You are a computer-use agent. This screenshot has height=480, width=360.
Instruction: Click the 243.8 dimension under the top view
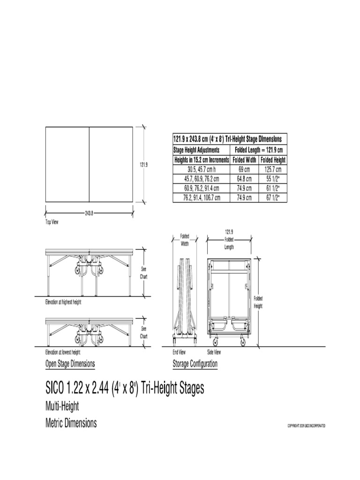pyautogui.click(x=89, y=213)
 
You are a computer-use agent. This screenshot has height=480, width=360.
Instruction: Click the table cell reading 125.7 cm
pyautogui.click(x=273, y=169)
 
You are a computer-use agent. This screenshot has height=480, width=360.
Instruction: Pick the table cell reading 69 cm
pyautogui.click(x=245, y=169)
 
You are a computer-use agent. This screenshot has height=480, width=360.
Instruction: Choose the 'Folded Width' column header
pyautogui.click(x=245, y=160)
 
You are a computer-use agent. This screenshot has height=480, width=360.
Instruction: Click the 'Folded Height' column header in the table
pyautogui.click(x=273, y=160)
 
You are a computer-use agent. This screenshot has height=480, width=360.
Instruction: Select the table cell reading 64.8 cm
pyautogui.click(x=245, y=179)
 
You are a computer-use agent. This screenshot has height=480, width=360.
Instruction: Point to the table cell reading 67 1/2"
pyautogui.click(x=273, y=198)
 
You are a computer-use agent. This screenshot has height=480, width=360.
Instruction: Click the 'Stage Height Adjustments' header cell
pyautogui.click(x=196, y=150)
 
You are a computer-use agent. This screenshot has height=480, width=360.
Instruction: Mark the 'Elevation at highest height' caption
pyautogui.click(x=63, y=303)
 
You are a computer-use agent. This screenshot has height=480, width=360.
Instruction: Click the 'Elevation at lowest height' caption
pyautogui.click(x=62, y=352)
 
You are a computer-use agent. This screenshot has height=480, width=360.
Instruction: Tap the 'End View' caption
pyautogui.click(x=179, y=352)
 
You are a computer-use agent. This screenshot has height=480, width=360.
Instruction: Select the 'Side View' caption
pyautogui.click(x=214, y=352)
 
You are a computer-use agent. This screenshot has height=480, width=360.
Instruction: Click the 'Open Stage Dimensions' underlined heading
pyautogui.click(x=70, y=364)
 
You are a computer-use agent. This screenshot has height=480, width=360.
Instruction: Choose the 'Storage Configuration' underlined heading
pyautogui.click(x=195, y=364)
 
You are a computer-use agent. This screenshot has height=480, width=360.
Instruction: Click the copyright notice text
pyautogui.click(x=306, y=426)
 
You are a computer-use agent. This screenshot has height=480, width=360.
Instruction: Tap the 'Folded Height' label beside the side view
pyautogui.click(x=258, y=302)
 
